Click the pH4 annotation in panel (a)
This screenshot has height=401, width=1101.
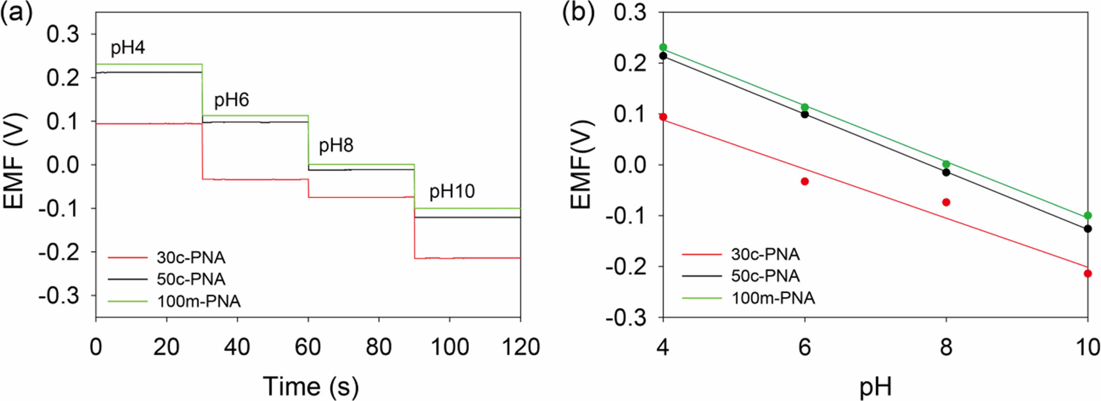(128, 48)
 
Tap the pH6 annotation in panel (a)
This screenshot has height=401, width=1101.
(231, 100)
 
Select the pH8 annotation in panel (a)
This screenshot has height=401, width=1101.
(336, 146)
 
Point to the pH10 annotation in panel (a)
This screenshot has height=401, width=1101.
(452, 191)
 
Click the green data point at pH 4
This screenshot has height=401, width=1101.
(663, 47)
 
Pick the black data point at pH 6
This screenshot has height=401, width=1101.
(805, 114)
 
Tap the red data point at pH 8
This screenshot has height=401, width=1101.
(946, 202)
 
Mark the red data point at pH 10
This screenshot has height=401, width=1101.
(1087, 273)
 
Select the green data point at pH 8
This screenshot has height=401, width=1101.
(946, 164)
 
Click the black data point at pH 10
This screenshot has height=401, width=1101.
(1087, 229)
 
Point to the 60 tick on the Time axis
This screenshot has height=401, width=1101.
(308, 347)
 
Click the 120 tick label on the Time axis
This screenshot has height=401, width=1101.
(520, 347)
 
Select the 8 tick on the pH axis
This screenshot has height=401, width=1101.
(946, 347)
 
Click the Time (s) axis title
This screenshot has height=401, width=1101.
(311, 386)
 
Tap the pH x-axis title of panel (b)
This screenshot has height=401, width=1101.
(875, 387)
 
